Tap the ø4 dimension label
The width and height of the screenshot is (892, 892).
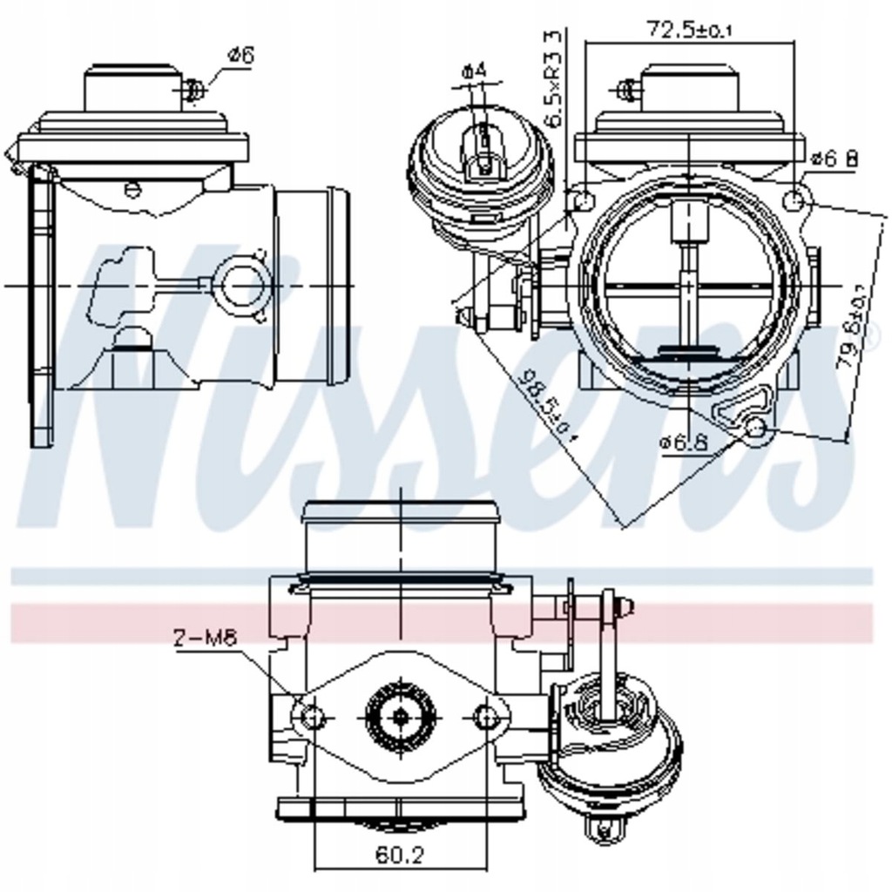click(x=474, y=70)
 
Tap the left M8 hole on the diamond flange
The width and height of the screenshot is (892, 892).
click(x=312, y=717)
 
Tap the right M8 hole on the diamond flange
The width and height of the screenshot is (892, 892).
click(x=488, y=717)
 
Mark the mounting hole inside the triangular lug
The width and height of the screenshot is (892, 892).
click(x=756, y=427)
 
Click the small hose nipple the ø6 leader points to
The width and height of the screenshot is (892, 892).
click(x=194, y=89)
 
